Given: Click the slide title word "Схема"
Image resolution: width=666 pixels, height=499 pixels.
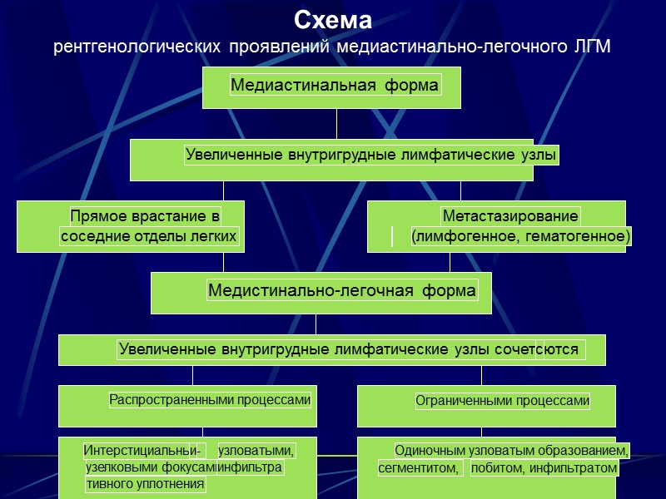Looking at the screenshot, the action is [333, 20].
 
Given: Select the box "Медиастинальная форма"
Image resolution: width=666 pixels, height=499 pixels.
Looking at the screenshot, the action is [333, 86].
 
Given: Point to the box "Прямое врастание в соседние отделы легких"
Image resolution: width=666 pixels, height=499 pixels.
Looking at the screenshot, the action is [132, 226].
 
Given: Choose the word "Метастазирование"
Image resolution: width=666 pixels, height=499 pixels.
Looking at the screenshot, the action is [510, 216].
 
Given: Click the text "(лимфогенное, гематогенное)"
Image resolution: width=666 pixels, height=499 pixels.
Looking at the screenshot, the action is [521, 237].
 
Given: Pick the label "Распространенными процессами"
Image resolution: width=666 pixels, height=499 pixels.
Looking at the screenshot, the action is [210, 400].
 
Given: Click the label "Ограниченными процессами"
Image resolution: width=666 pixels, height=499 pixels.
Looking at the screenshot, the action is [503, 401].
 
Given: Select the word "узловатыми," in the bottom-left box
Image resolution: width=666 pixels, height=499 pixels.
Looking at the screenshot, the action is [256, 451].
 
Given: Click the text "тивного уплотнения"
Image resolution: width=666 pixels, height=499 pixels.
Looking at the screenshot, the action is [145, 484].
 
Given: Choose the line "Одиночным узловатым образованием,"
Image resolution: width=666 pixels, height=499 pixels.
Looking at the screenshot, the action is [511, 451].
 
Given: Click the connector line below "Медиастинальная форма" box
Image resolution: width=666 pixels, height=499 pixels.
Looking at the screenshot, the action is [337, 123].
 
